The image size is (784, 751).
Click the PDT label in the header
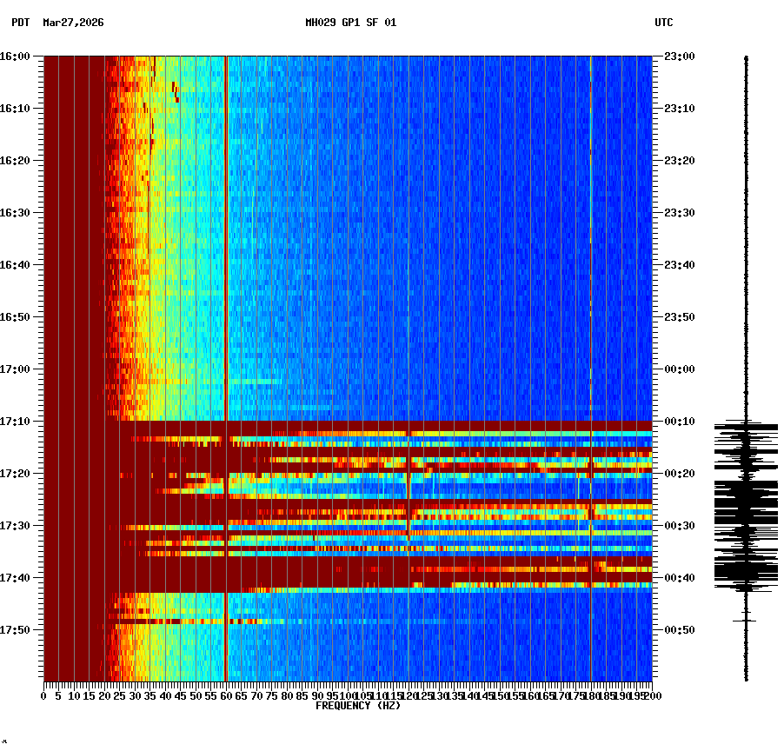click(x=20, y=23)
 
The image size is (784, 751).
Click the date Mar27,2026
click(x=73, y=23)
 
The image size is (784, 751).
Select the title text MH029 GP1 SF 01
click(x=350, y=23)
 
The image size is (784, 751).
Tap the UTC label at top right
click(x=663, y=23)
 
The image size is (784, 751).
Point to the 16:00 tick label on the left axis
click(x=15, y=56)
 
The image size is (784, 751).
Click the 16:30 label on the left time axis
click(x=15, y=213)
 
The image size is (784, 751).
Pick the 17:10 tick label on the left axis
click(x=15, y=422)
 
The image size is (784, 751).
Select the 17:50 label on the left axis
click(x=15, y=630)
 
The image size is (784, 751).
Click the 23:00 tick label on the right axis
click(x=680, y=56)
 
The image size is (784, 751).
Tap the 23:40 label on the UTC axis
click(x=680, y=265)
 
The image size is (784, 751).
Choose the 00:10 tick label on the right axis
click(x=680, y=422)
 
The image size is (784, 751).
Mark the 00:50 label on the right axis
click(x=680, y=630)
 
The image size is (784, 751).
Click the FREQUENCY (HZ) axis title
click(x=358, y=706)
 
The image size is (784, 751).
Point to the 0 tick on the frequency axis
click(x=44, y=696)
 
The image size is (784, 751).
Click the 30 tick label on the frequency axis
click(x=136, y=696)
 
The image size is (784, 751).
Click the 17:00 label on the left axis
click(x=15, y=369)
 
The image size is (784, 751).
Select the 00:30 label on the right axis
click(x=680, y=526)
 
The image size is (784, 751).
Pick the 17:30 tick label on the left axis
click(x=15, y=526)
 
